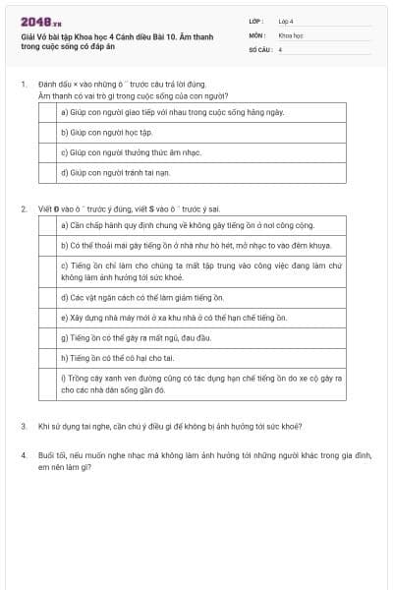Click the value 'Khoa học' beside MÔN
(290, 34)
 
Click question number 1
(23, 86)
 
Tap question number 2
(23, 209)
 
